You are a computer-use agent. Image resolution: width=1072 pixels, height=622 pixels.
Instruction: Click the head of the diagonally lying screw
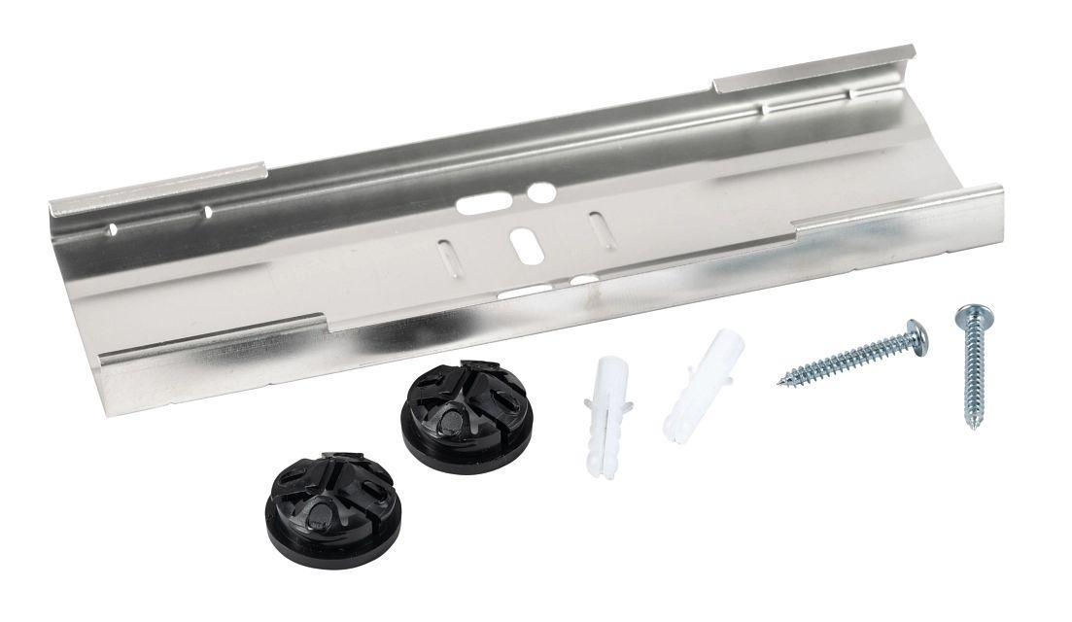coord(916,336)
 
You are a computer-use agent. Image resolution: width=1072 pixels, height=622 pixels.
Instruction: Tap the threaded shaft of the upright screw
coord(970,374)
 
